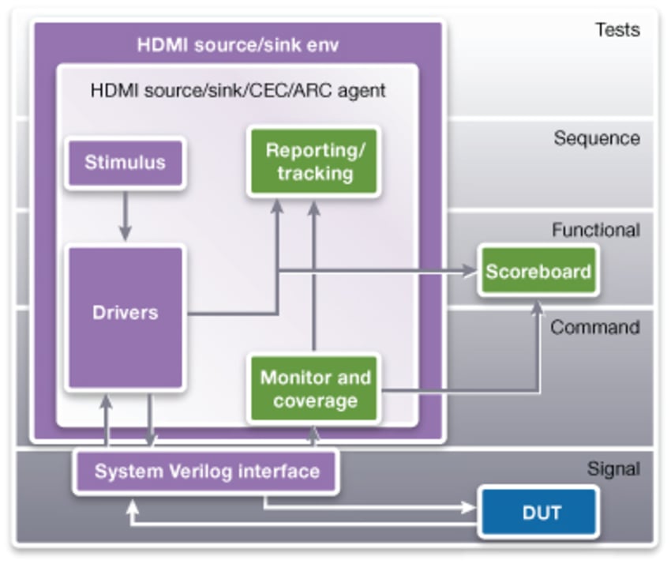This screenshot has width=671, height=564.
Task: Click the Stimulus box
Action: click(x=125, y=163)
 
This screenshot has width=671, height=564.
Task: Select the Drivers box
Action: click(x=125, y=313)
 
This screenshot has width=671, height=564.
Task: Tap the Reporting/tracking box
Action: click(x=314, y=161)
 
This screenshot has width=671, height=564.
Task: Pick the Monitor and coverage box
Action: click(x=315, y=389)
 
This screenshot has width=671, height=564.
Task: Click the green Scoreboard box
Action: click(x=538, y=272)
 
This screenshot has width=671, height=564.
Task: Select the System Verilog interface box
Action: click(x=207, y=472)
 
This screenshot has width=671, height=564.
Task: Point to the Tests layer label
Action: click(x=617, y=31)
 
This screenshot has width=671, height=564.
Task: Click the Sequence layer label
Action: click(x=596, y=138)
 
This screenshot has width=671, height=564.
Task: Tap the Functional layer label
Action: click(x=595, y=230)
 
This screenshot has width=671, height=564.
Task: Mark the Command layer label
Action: click(x=594, y=327)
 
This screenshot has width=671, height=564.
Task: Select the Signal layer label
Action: click(x=613, y=469)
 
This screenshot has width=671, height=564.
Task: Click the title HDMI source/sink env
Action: click(x=238, y=44)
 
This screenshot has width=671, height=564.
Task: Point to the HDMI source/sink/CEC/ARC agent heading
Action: click(x=238, y=90)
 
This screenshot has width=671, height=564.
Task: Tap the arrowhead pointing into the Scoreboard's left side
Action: click(x=471, y=272)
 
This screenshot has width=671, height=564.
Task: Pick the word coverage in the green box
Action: click(x=315, y=400)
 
